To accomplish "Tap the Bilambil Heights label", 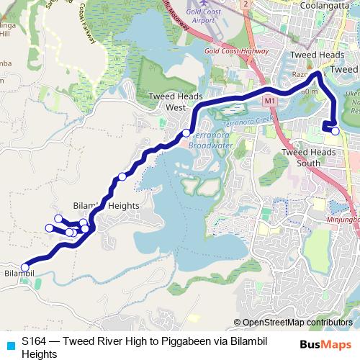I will [107, 205].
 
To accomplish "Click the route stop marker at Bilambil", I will [25, 267].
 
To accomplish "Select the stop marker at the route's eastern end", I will [336, 131].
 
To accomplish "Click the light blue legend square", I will [10, 345].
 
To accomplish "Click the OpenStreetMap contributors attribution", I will [297, 322].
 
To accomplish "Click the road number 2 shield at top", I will [246, 4].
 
